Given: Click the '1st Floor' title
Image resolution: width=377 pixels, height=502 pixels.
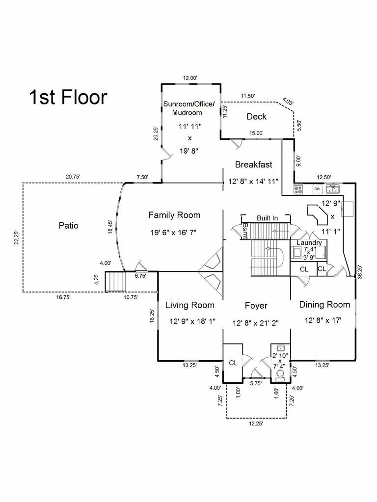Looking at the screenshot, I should [x=68, y=97].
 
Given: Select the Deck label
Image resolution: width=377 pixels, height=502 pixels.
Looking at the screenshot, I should [x=256, y=116].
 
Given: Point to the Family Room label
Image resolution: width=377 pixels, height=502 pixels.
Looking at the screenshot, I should [x=174, y=215].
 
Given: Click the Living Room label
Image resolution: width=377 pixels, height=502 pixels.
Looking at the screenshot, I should [x=189, y=305].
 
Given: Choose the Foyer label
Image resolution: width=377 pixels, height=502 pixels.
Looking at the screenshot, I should [x=256, y=306].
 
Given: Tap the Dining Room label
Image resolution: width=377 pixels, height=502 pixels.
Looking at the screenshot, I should [x=324, y=305].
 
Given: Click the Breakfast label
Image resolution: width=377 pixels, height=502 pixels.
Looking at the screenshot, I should [x=253, y=164].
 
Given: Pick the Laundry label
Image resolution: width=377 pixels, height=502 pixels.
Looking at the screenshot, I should [x=309, y=242].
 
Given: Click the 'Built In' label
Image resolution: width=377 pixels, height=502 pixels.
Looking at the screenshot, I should [x=267, y=217].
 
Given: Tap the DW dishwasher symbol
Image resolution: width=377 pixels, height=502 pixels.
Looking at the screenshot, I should [x=317, y=189].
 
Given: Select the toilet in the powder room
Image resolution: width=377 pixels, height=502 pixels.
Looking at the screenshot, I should [x=280, y=376].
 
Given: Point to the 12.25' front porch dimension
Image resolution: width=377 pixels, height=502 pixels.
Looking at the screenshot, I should [x=255, y=424].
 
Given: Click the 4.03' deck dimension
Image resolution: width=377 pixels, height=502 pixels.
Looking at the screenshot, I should [x=288, y=102].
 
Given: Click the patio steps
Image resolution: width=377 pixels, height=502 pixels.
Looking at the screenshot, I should [x=116, y=282].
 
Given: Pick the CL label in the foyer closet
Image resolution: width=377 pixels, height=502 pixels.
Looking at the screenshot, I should [x=233, y=363].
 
